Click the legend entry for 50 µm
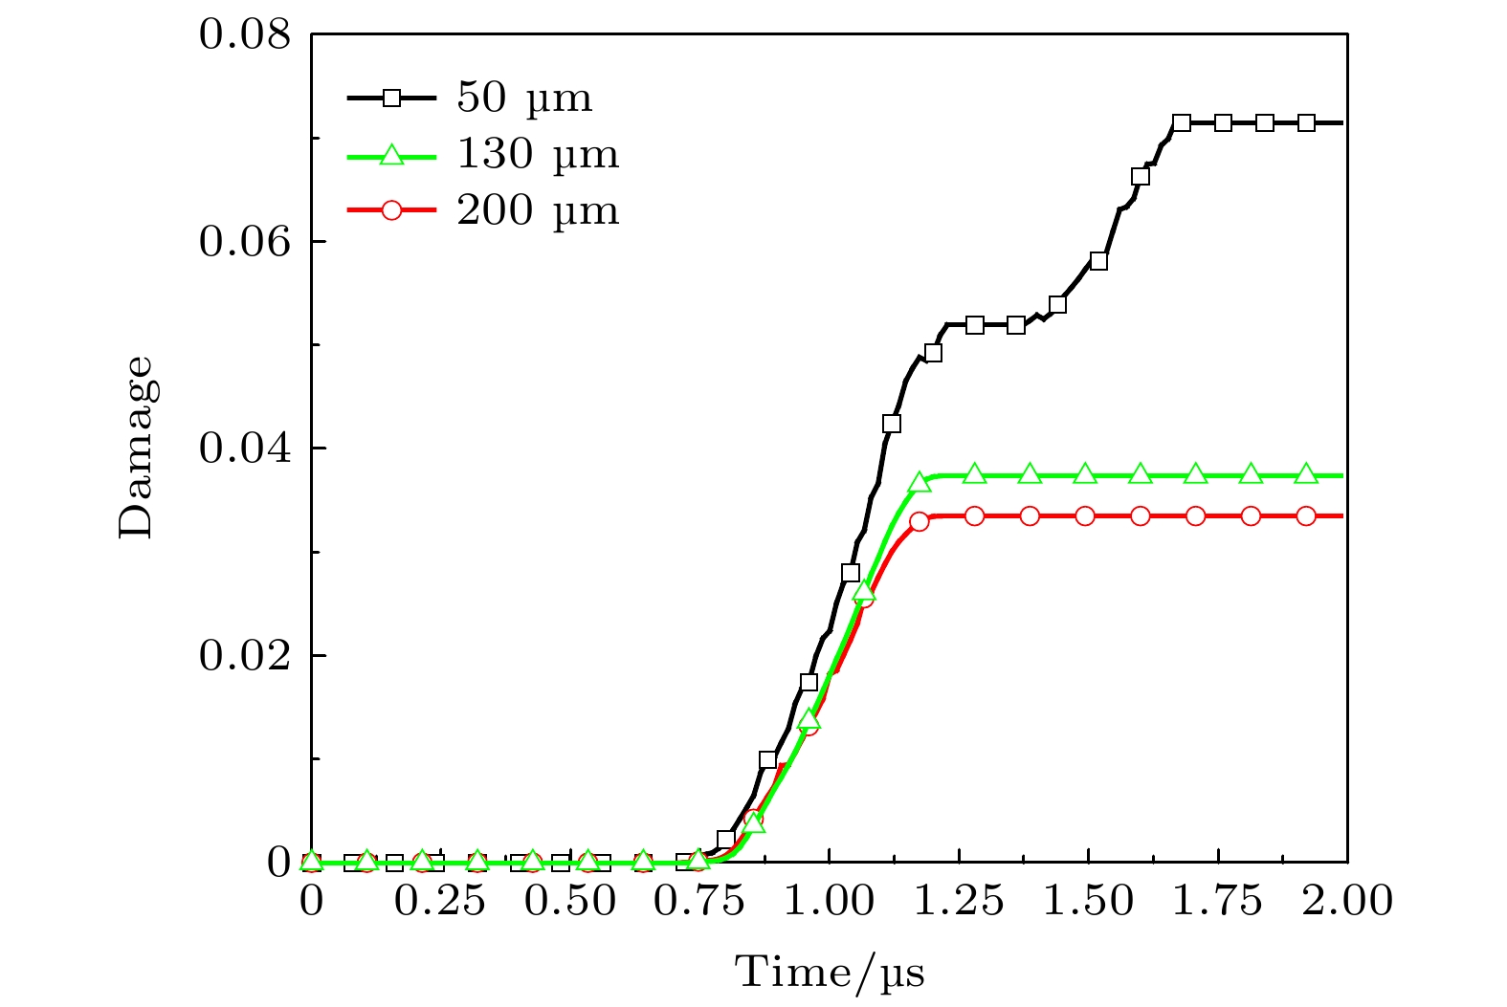click(524, 98)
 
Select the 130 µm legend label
click(538, 154)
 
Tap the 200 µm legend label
click(538, 210)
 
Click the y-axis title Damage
click(135, 448)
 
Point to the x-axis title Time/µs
click(830, 973)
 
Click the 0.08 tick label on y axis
click(244, 34)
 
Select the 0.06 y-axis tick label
click(244, 241)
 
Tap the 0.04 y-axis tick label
click(244, 449)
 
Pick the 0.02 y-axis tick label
click(244, 656)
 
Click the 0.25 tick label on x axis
click(441, 901)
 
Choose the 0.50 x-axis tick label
click(571, 901)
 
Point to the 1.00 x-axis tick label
click(830, 901)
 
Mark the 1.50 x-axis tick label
click(1089, 901)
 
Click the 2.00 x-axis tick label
click(1347, 901)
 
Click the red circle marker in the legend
click(391, 210)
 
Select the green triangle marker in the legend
click(391, 154)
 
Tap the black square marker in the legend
click(391, 98)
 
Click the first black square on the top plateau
click(1182, 122)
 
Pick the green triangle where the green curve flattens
click(920, 481)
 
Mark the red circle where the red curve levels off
click(920, 521)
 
